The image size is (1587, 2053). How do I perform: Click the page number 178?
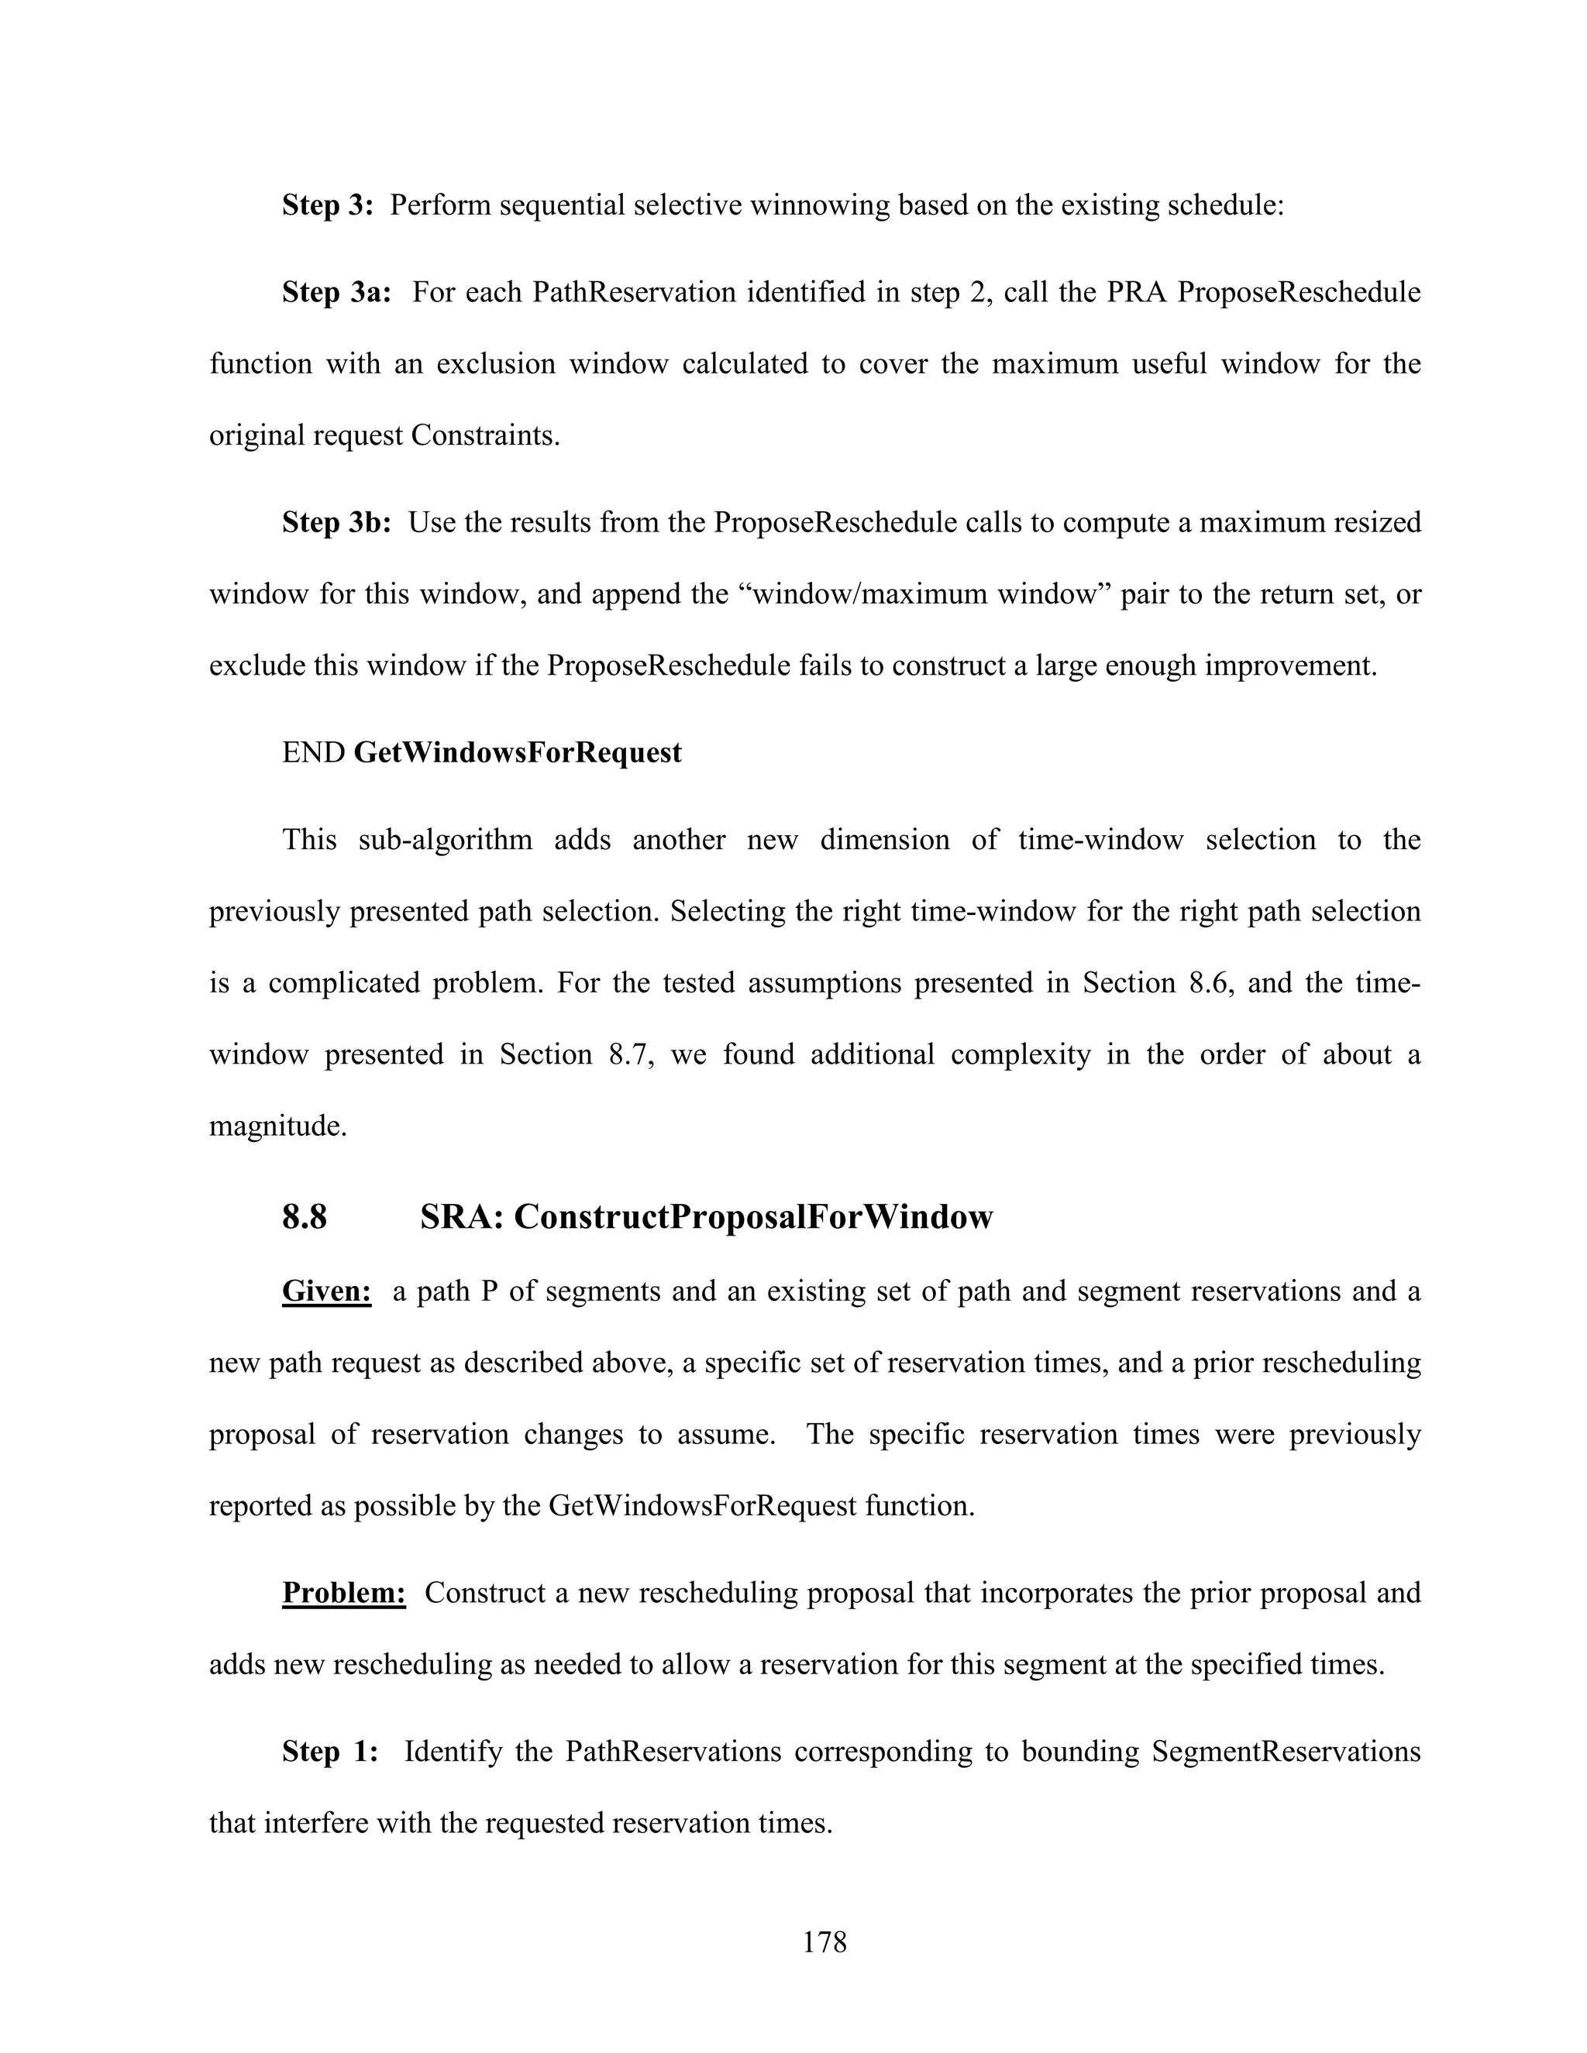point(824,1942)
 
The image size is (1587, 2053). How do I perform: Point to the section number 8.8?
point(305,1216)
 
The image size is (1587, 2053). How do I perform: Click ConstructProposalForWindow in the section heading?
point(753,1216)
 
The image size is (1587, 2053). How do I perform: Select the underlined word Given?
point(326,1291)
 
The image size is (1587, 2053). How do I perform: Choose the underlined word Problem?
point(343,1594)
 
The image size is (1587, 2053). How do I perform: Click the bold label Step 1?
point(330,1752)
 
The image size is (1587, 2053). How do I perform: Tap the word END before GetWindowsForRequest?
point(314,752)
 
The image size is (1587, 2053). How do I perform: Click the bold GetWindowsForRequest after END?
point(517,752)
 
